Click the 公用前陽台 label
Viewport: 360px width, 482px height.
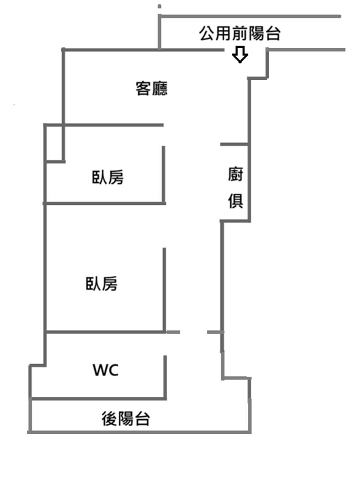[x=240, y=34]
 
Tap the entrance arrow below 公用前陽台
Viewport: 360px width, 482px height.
[x=240, y=55]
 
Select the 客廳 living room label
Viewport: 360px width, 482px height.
[x=152, y=88]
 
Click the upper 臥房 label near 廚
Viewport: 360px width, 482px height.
[x=108, y=177]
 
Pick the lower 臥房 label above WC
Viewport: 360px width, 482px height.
[x=102, y=284]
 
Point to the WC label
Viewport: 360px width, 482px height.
[x=106, y=371]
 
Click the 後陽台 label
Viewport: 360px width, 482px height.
[x=126, y=419]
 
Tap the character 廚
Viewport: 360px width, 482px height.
[x=236, y=174]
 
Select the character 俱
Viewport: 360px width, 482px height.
[x=236, y=201]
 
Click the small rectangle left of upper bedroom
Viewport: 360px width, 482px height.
[x=54, y=143]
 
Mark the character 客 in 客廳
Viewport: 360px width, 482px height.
[x=144, y=88]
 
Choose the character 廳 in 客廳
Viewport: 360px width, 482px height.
[x=160, y=88]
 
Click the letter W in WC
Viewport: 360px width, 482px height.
[x=100, y=371]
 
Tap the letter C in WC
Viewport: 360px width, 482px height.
[x=113, y=371]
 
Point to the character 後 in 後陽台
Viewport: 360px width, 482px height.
[x=109, y=419]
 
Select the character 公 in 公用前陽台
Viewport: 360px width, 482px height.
[x=207, y=34]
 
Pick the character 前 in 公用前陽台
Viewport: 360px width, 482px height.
[x=239, y=34]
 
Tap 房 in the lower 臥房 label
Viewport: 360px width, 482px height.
[x=110, y=284]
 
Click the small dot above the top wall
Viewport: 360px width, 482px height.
[x=160, y=6]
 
